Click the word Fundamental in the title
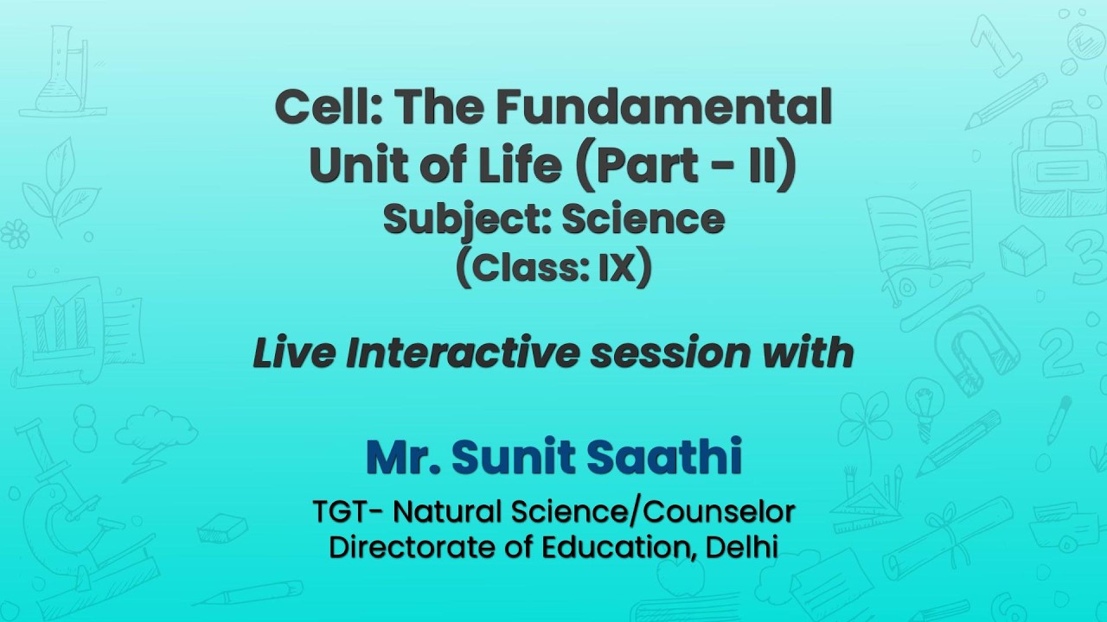pyautogui.click(x=663, y=108)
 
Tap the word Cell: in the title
pyautogui.click(x=328, y=108)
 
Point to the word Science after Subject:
pyautogui.click(x=643, y=219)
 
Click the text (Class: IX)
pyautogui.click(x=553, y=270)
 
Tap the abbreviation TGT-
pyautogui.click(x=348, y=512)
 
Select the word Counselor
pyautogui.click(x=720, y=512)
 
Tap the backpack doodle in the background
pyautogui.click(x=1059, y=160)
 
